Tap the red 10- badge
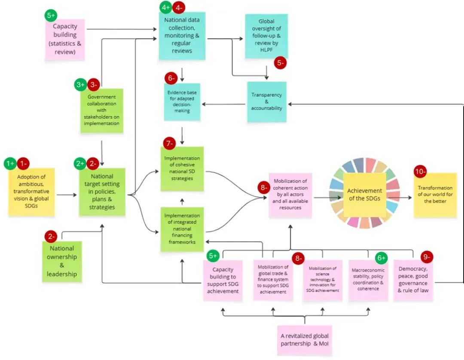point(420,171)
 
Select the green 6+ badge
point(381,258)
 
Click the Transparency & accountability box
point(266,102)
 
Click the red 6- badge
point(171,78)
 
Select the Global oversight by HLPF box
point(266,36)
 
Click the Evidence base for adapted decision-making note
point(183,102)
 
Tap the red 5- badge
point(280,63)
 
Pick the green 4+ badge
point(165,8)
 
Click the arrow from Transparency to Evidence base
point(224,104)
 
